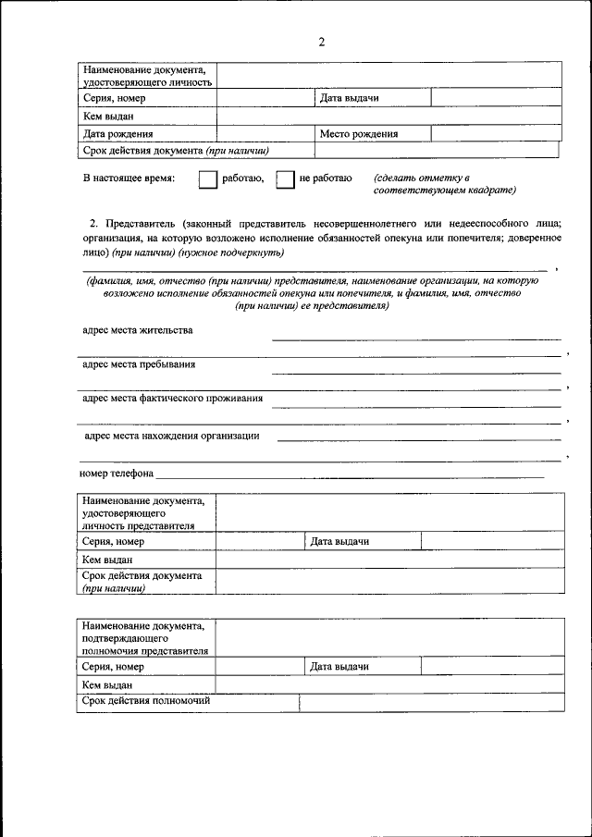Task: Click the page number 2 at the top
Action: pos(321,42)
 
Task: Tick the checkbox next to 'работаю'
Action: pos(207,178)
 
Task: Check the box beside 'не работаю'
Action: pos(286,178)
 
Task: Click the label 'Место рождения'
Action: pos(359,134)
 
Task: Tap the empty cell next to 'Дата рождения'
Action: pos(266,133)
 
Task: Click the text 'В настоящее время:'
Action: pos(128,178)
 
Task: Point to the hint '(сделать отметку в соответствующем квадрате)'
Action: pos(444,183)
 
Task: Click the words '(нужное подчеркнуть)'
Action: pos(232,252)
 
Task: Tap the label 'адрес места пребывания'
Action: pos(139,364)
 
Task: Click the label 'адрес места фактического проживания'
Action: pos(172,399)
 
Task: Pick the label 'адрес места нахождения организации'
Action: pos(171,435)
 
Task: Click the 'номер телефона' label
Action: pos(116,473)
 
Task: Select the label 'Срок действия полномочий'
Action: pos(146,701)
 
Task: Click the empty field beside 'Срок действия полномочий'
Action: pos(430,702)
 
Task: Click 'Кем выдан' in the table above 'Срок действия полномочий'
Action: pos(107,685)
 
